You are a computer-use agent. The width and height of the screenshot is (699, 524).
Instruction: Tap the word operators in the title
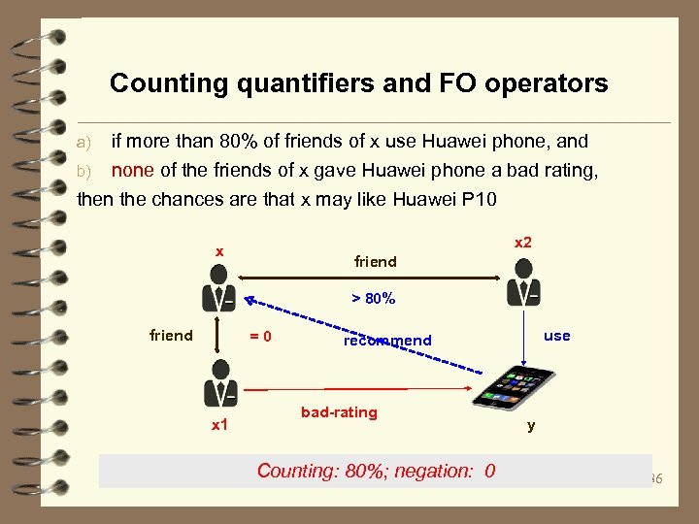[x=548, y=83]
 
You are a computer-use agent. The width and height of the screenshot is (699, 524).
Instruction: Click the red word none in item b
[x=133, y=171]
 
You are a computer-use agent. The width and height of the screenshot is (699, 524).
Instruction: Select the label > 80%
[x=373, y=299]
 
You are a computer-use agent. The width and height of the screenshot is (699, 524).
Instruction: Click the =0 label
[x=259, y=337]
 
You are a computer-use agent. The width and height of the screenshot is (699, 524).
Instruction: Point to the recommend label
[x=386, y=341]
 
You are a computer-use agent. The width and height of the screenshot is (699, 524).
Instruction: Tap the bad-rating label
[x=339, y=412]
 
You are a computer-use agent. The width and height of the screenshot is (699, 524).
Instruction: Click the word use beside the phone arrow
[x=557, y=336]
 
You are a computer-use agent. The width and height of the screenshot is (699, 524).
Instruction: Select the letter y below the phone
[x=530, y=425]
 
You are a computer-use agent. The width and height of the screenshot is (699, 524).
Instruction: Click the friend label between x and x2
[x=375, y=261]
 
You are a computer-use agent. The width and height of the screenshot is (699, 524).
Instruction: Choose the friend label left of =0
[x=171, y=336]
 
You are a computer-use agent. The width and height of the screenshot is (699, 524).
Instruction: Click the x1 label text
[x=219, y=425]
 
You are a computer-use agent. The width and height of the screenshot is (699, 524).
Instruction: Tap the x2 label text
[x=522, y=242]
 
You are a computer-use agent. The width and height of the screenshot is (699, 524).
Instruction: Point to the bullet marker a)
[x=83, y=142]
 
